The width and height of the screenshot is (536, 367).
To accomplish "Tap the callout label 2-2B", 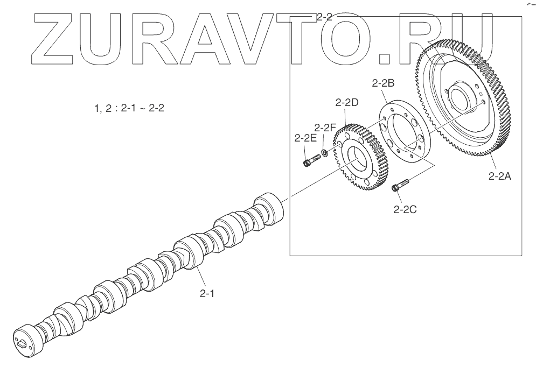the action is [x=383, y=83].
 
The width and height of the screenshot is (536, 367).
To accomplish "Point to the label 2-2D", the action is [x=347, y=102].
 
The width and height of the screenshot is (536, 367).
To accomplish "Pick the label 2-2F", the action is [x=325, y=128].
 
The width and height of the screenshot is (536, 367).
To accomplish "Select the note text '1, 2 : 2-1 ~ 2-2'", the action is [x=129, y=108].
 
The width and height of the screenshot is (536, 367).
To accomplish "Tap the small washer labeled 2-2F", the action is [x=325, y=153].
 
